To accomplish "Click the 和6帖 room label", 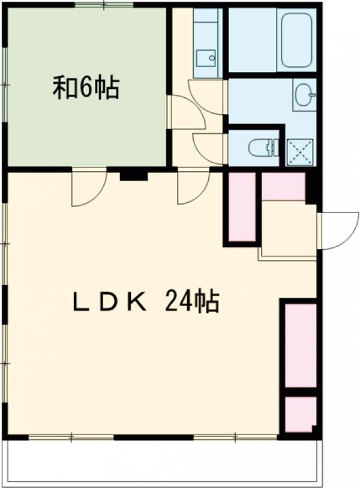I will (86, 88).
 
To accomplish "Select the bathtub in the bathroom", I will (296, 40).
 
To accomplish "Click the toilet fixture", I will (263, 146).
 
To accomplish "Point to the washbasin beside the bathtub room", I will (305, 95).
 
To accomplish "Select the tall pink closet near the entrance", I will (242, 208).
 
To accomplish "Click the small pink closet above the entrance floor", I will (283, 187).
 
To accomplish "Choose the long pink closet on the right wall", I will (299, 345).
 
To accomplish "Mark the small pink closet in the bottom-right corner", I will (299, 414).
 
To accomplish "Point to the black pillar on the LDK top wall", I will (133, 175).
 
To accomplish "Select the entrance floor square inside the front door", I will (289, 229).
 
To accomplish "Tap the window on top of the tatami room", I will (103, 6).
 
